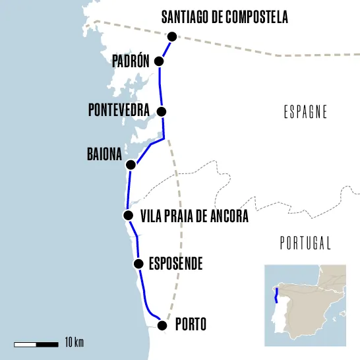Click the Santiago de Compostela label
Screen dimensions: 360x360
coord(225,18)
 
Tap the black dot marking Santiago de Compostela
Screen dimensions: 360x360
coord(172,37)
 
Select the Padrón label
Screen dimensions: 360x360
coord(132,62)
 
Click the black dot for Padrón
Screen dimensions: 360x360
coord(159,61)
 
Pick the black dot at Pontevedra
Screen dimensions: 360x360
coord(162,111)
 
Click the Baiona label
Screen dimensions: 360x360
coord(104,155)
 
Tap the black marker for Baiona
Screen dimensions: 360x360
coord(131,164)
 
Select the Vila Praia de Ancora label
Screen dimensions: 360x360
coord(195,216)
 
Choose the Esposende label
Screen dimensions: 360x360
coord(175,265)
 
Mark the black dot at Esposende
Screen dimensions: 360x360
coord(138,264)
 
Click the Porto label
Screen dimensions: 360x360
coord(191,324)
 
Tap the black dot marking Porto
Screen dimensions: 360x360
coord(164,325)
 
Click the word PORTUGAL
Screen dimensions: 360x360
coord(305,243)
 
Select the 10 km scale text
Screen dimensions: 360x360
coord(75,344)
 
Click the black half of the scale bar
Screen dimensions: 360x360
coord(47,344)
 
